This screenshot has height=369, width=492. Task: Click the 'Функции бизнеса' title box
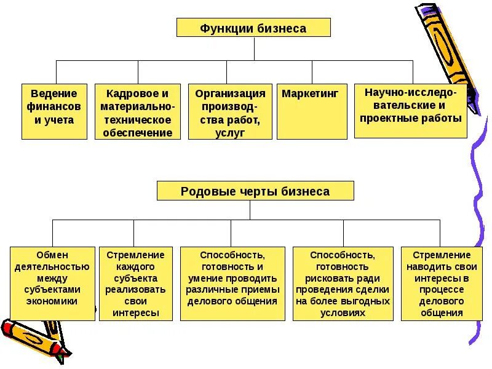253,28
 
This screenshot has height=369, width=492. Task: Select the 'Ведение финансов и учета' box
54,111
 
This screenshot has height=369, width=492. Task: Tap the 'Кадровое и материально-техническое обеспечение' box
138,111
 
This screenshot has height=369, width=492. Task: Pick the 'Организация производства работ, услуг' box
230,111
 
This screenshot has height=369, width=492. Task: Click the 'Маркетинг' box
312,111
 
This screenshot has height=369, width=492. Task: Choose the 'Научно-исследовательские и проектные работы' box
411,111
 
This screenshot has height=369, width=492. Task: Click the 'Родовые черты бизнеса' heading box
255,191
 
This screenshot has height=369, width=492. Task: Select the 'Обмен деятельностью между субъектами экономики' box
52,284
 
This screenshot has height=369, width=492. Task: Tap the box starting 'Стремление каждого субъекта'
136,284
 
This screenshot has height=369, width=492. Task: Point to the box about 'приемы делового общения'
232,284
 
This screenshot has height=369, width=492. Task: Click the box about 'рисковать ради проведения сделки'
343,284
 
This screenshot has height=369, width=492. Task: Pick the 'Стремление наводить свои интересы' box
441,284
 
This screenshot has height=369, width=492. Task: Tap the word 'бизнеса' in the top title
282,28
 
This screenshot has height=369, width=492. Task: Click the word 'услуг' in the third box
230,133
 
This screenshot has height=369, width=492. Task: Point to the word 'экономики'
52,301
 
